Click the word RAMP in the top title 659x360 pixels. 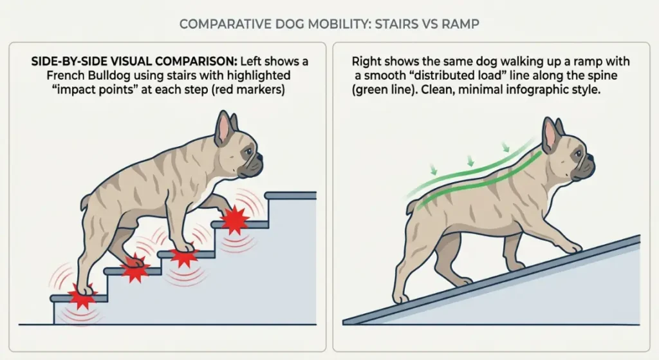pyautogui.click(x=461, y=24)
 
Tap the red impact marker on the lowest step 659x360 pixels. pyautogui.click(x=82, y=298)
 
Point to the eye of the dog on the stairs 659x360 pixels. pyautogui.click(x=247, y=152)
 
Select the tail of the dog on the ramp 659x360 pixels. pyautogui.click(x=409, y=205)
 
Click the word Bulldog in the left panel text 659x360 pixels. pyautogui.click(x=97, y=76)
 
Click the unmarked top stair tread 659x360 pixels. pyautogui.click(x=290, y=195)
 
